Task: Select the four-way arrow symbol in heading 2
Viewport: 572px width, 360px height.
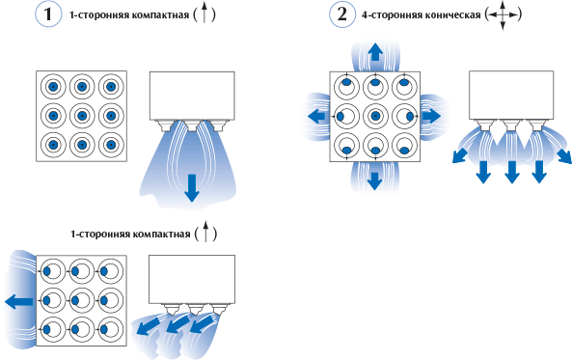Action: pos(503,15)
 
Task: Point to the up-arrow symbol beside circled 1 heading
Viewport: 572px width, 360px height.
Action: pos(204,14)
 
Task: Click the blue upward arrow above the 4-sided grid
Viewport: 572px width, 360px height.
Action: pos(374,52)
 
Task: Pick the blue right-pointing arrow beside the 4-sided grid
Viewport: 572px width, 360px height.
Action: pos(431,116)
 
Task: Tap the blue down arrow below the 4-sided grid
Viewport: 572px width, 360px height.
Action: pos(374,180)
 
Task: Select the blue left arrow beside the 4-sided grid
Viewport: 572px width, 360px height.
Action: pos(316,117)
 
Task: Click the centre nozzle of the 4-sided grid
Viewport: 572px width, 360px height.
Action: pos(375,116)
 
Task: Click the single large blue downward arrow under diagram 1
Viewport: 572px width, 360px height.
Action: pos(192,188)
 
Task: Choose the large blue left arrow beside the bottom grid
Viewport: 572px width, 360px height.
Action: pos(19,301)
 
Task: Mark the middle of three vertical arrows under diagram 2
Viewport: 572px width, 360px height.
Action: pos(512,172)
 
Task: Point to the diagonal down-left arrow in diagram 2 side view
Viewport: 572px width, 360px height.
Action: pos(460,154)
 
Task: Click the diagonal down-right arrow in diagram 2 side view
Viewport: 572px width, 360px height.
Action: pos(564,155)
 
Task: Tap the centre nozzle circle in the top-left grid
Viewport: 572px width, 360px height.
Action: pos(82,116)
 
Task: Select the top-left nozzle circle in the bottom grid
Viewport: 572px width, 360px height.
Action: pos(53,271)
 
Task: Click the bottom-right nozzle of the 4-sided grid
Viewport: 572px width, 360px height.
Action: pos(404,146)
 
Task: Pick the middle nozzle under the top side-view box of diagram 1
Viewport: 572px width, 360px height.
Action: pos(192,126)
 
